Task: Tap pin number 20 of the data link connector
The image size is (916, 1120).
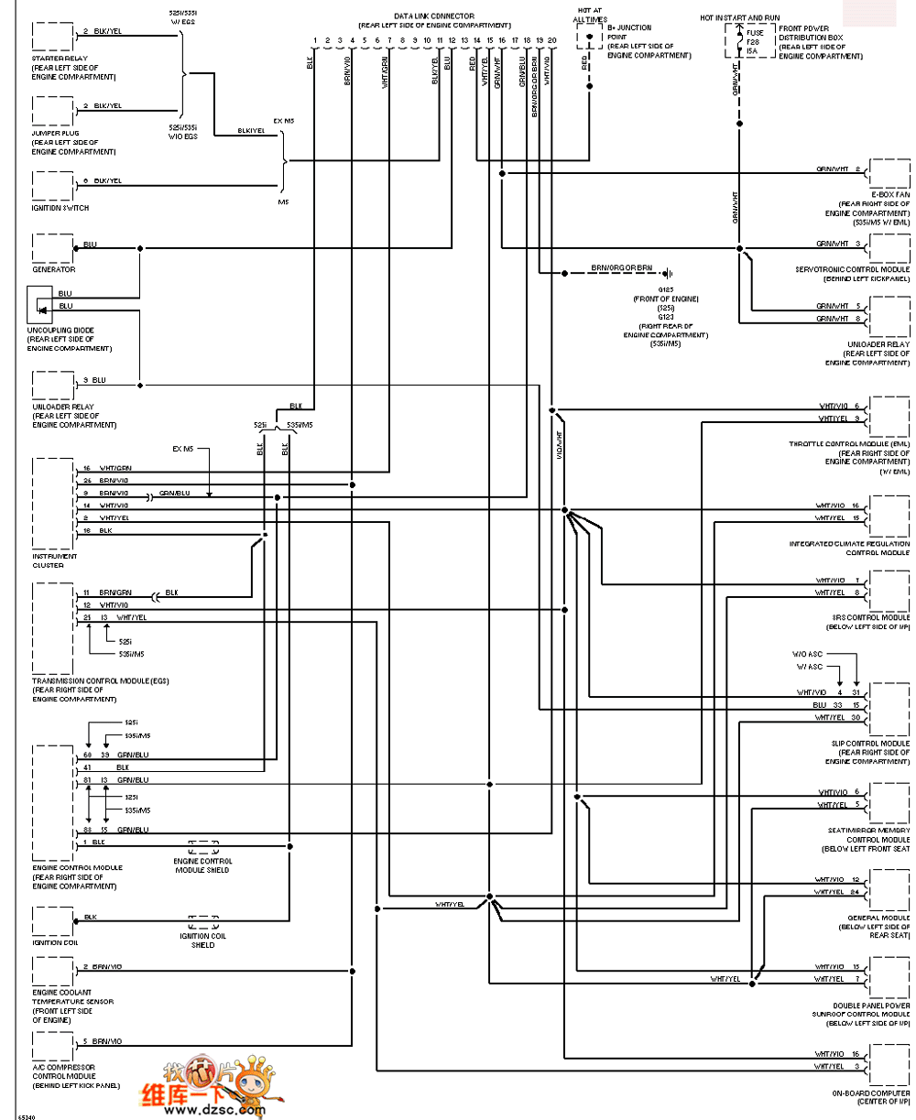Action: point(552,41)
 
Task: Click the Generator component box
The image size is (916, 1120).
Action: point(52,248)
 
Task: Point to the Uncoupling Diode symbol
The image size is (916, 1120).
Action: point(38,303)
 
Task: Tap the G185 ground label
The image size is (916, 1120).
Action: point(659,289)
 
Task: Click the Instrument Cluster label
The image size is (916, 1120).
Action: point(55,556)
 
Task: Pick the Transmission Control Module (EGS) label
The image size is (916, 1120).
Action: point(101,681)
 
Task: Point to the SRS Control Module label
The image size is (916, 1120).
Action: point(870,617)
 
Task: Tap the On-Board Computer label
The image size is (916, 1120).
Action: point(872,1093)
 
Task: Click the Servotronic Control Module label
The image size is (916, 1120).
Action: point(853,269)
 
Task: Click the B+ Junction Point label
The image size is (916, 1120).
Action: point(630,28)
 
